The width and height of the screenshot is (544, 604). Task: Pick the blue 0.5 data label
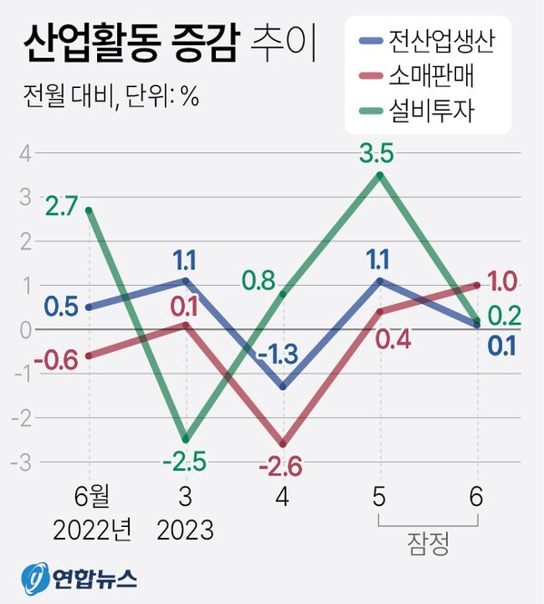(59, 306)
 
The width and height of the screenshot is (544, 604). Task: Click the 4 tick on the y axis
(26, 153)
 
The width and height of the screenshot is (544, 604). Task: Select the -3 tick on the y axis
(23, 462)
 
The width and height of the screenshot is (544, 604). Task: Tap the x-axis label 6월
(89, 497)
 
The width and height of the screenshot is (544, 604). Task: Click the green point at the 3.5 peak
(380, 175)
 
